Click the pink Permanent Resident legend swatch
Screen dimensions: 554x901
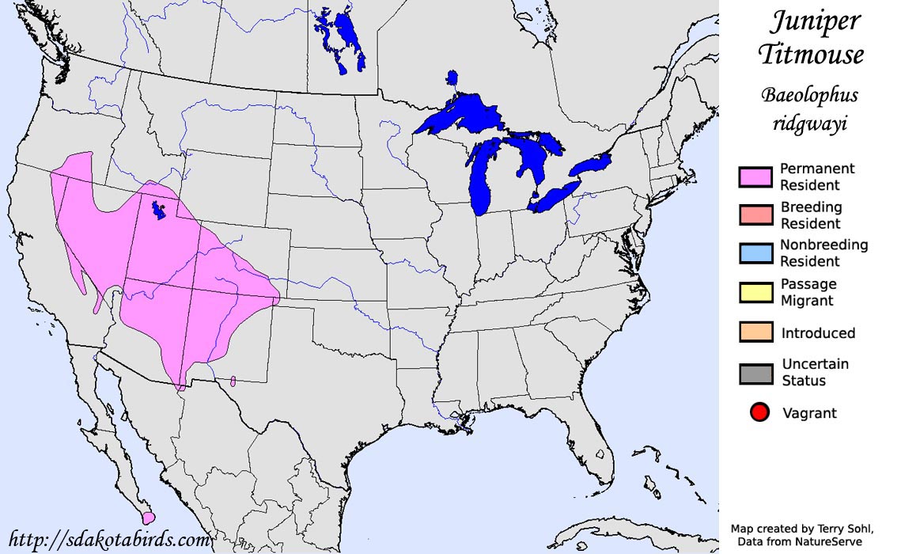(x=756, y=177)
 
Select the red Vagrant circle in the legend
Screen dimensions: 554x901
(x=759, y=412)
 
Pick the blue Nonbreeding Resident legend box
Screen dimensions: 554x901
(x=756, y=254)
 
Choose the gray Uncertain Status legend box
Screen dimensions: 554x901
(x=756, y=373)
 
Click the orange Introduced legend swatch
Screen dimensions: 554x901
(x=756, y=333)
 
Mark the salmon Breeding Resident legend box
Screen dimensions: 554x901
(x=756, y=215)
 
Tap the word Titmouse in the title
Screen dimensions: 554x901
(x=811, y=55)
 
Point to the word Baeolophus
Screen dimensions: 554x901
(x=809, y=96)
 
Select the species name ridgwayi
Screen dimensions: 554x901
(x=809, y=124)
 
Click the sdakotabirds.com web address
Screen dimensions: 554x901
(x=108, y=541)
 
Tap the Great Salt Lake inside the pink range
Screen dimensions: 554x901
(x=158, y=211)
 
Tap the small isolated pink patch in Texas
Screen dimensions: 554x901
(x=233, y=381)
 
